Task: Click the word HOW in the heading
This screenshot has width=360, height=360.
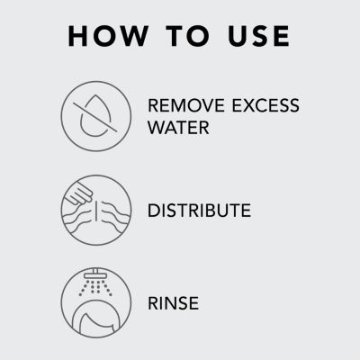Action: point(108,36)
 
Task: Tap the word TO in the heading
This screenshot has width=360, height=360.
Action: point(188,36)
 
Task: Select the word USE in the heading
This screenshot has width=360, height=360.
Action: point(258,36)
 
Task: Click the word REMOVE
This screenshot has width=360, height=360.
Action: point(186,105)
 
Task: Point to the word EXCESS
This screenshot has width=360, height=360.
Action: point(265,105)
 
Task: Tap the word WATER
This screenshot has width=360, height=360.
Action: point(178,128)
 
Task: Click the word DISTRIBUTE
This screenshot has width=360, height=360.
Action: point(199,211)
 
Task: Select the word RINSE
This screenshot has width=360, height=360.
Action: point(173,303)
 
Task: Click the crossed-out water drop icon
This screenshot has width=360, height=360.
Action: point(96,116)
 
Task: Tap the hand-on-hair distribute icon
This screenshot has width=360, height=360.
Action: point(96,210)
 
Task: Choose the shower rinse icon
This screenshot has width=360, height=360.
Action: point(96,302)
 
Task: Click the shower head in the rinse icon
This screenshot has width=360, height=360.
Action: point(96,274)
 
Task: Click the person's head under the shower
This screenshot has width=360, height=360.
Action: point(96,319)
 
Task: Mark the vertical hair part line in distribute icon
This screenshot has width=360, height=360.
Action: point(96,211)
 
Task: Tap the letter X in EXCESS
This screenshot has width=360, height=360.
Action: point(249,105)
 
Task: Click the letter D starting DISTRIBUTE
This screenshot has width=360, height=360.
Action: point(154,211)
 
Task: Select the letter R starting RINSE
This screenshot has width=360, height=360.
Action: point(154,303)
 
